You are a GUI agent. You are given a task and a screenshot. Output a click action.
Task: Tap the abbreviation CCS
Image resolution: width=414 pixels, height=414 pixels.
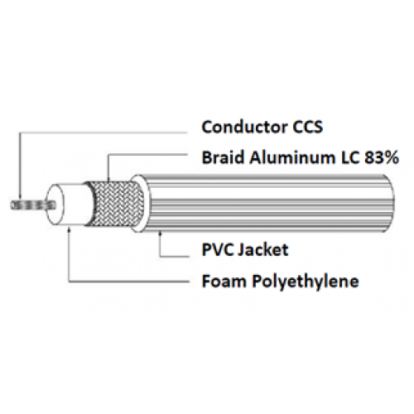pyautogui.click(x=307, y=127)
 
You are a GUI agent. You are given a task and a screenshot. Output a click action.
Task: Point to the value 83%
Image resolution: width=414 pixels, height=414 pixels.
pyautogui.click(x=382, y=157)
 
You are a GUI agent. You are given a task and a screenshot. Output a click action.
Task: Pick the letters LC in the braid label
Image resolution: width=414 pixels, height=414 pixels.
pyautogui.click(x=349, y=157)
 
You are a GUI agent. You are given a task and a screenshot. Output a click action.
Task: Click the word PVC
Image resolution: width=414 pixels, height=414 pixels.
pyautogui.click(x=217, y=249)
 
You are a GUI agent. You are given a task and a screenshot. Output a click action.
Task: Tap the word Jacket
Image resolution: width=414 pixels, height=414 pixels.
pyautogui.click(x=263, y=250)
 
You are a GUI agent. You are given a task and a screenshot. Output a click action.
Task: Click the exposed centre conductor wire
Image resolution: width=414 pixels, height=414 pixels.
pyautogui.click(x=33, y=205)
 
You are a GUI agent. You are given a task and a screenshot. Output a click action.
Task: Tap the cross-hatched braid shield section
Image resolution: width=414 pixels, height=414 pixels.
pyautogui.click(x=116, y=204)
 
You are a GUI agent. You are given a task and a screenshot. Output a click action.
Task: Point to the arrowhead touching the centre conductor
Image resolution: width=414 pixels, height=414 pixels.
pyautogui.click(x=20, y=198)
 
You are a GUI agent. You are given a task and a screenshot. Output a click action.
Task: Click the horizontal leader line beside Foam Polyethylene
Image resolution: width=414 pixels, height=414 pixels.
pyautogui.click(x=128, y=282)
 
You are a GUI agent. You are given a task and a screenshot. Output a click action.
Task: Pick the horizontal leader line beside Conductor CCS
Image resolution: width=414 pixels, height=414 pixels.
pyautogui.click(x=103, y=133)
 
